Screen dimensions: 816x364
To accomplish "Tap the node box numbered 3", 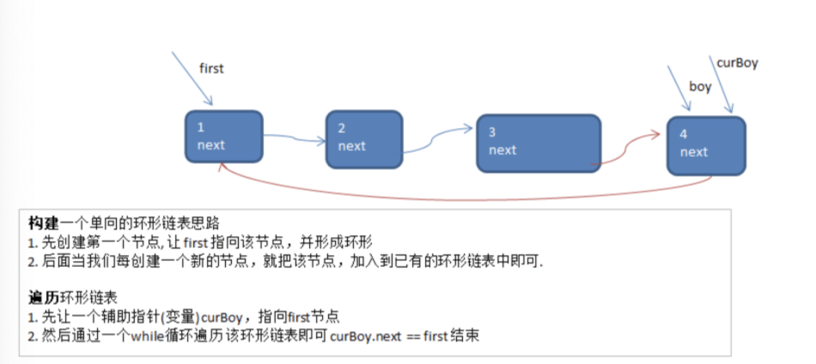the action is point(538,142).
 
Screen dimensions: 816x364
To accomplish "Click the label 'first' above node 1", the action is point(211,68).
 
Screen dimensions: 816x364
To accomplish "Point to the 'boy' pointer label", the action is point(700,87).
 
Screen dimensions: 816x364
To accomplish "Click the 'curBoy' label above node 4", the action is point(737,63).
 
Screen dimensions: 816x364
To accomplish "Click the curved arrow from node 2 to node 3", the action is point(438,137).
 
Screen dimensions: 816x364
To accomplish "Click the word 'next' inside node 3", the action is point(502,149).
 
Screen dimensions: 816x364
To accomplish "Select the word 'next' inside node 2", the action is point(352,145).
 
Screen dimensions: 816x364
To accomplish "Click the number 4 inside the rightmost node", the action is point(684,135).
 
